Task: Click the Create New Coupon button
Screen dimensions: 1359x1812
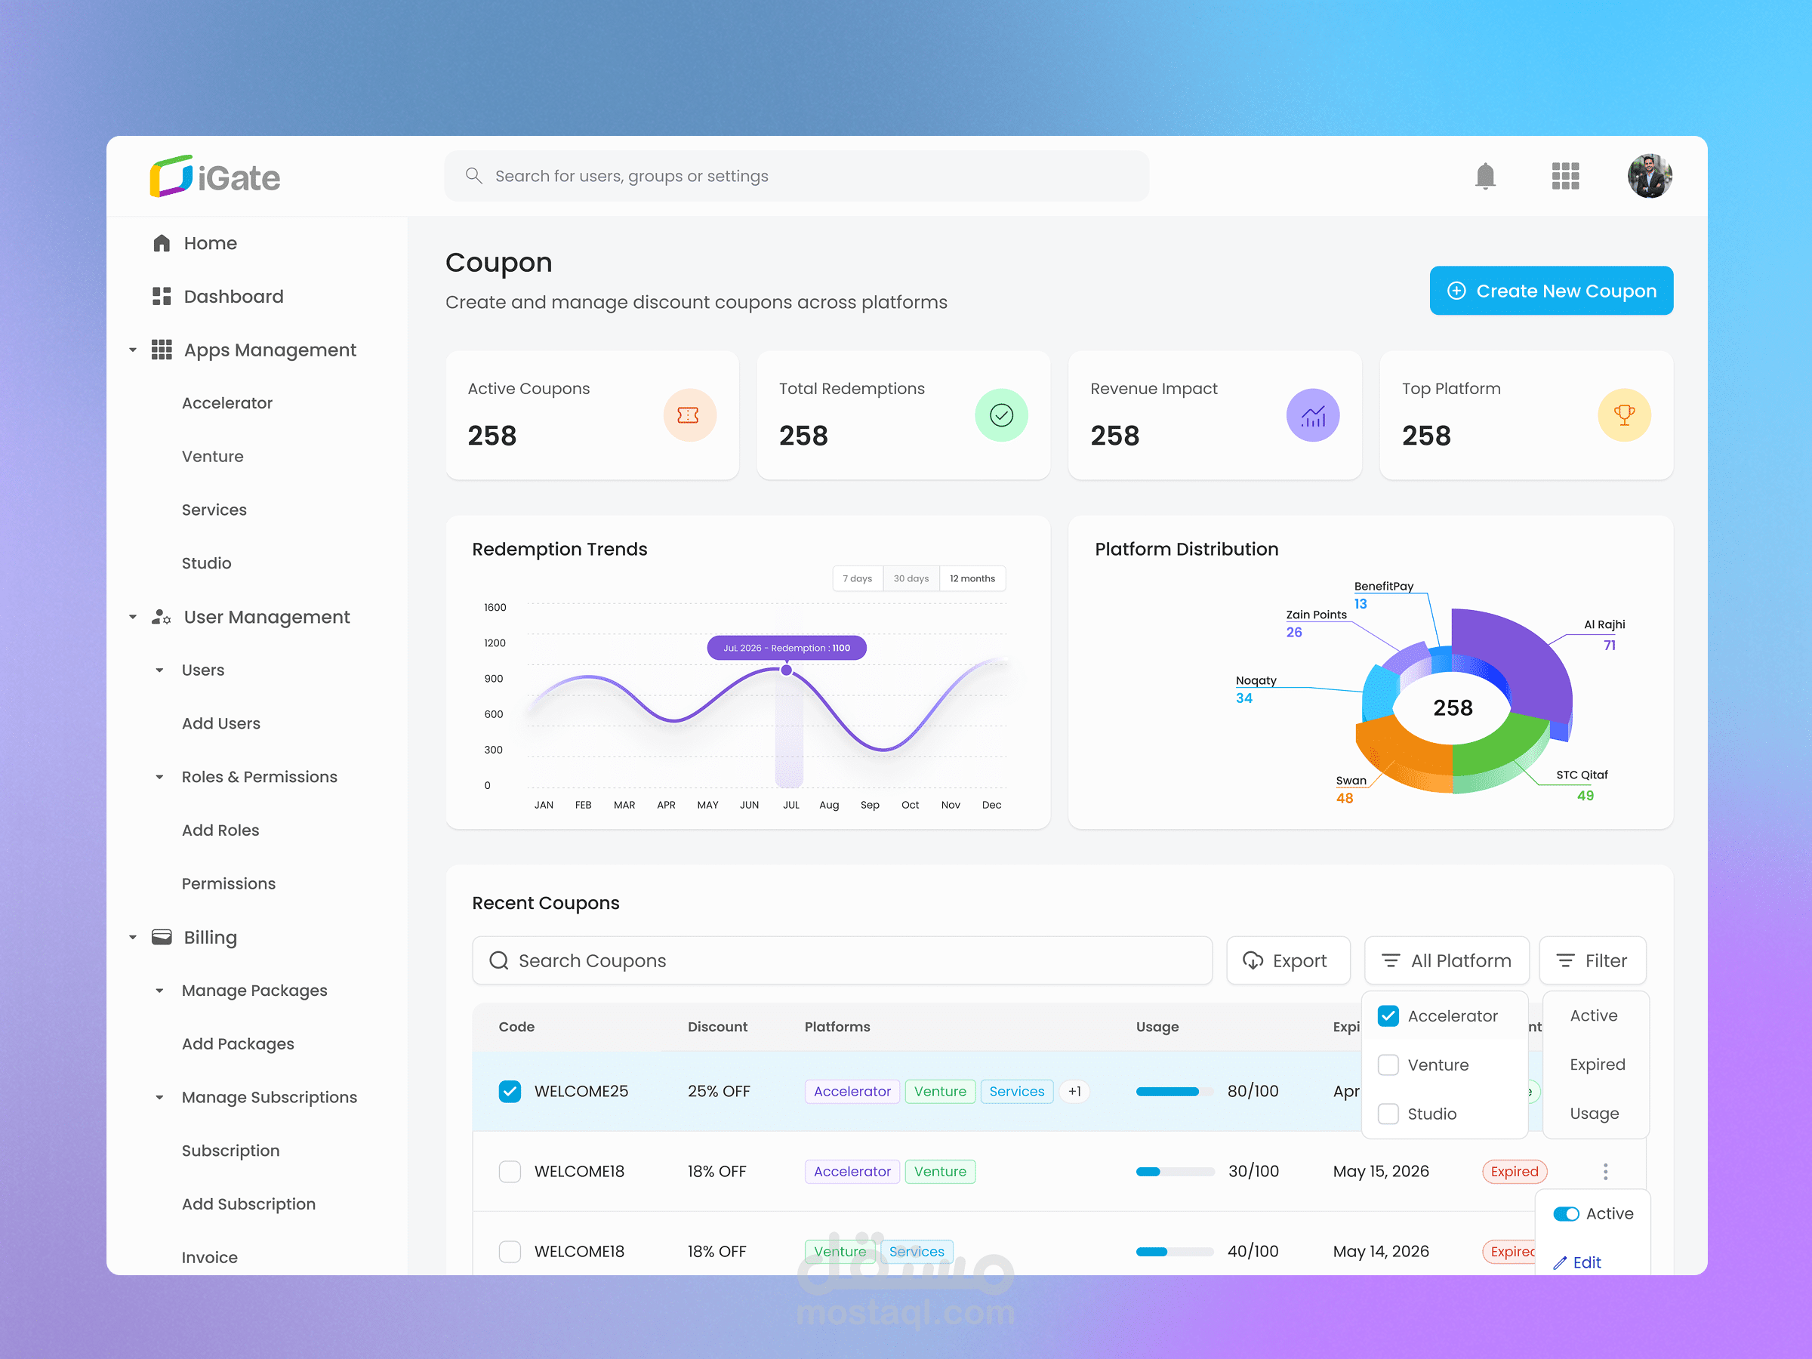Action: click(1550, 291)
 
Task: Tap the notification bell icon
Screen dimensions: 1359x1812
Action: click(1484, 176)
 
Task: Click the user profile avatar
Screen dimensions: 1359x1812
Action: click(1648, 176)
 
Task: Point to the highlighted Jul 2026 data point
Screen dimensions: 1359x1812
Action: click(787, 670)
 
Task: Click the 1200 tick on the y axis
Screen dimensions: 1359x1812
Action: click(495, 643)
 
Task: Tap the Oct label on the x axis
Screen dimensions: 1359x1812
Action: click(909, 806)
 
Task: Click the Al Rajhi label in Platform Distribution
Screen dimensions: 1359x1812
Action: click(1603, 624)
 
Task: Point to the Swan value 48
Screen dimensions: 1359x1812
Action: click(1344, 798)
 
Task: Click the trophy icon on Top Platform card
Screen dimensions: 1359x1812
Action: click(1622, 415)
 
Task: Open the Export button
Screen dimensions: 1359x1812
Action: click(1287, 960)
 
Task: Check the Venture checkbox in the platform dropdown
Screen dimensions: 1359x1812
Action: click(1388, 1065)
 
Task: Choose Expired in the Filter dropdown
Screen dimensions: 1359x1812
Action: click(1597, 1064)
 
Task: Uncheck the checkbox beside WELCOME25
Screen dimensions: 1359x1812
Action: click(510, 1091)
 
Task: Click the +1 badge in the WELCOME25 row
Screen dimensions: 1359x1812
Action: click(1074, 1091)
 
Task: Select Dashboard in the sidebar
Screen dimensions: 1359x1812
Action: click(233, 297)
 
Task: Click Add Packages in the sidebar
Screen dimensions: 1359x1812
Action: click(238, 1043)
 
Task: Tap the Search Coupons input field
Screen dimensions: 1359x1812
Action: click(842, 960)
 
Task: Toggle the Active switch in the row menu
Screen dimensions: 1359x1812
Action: click(1564, 1214)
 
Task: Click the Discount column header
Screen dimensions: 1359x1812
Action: click(716, 1026)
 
